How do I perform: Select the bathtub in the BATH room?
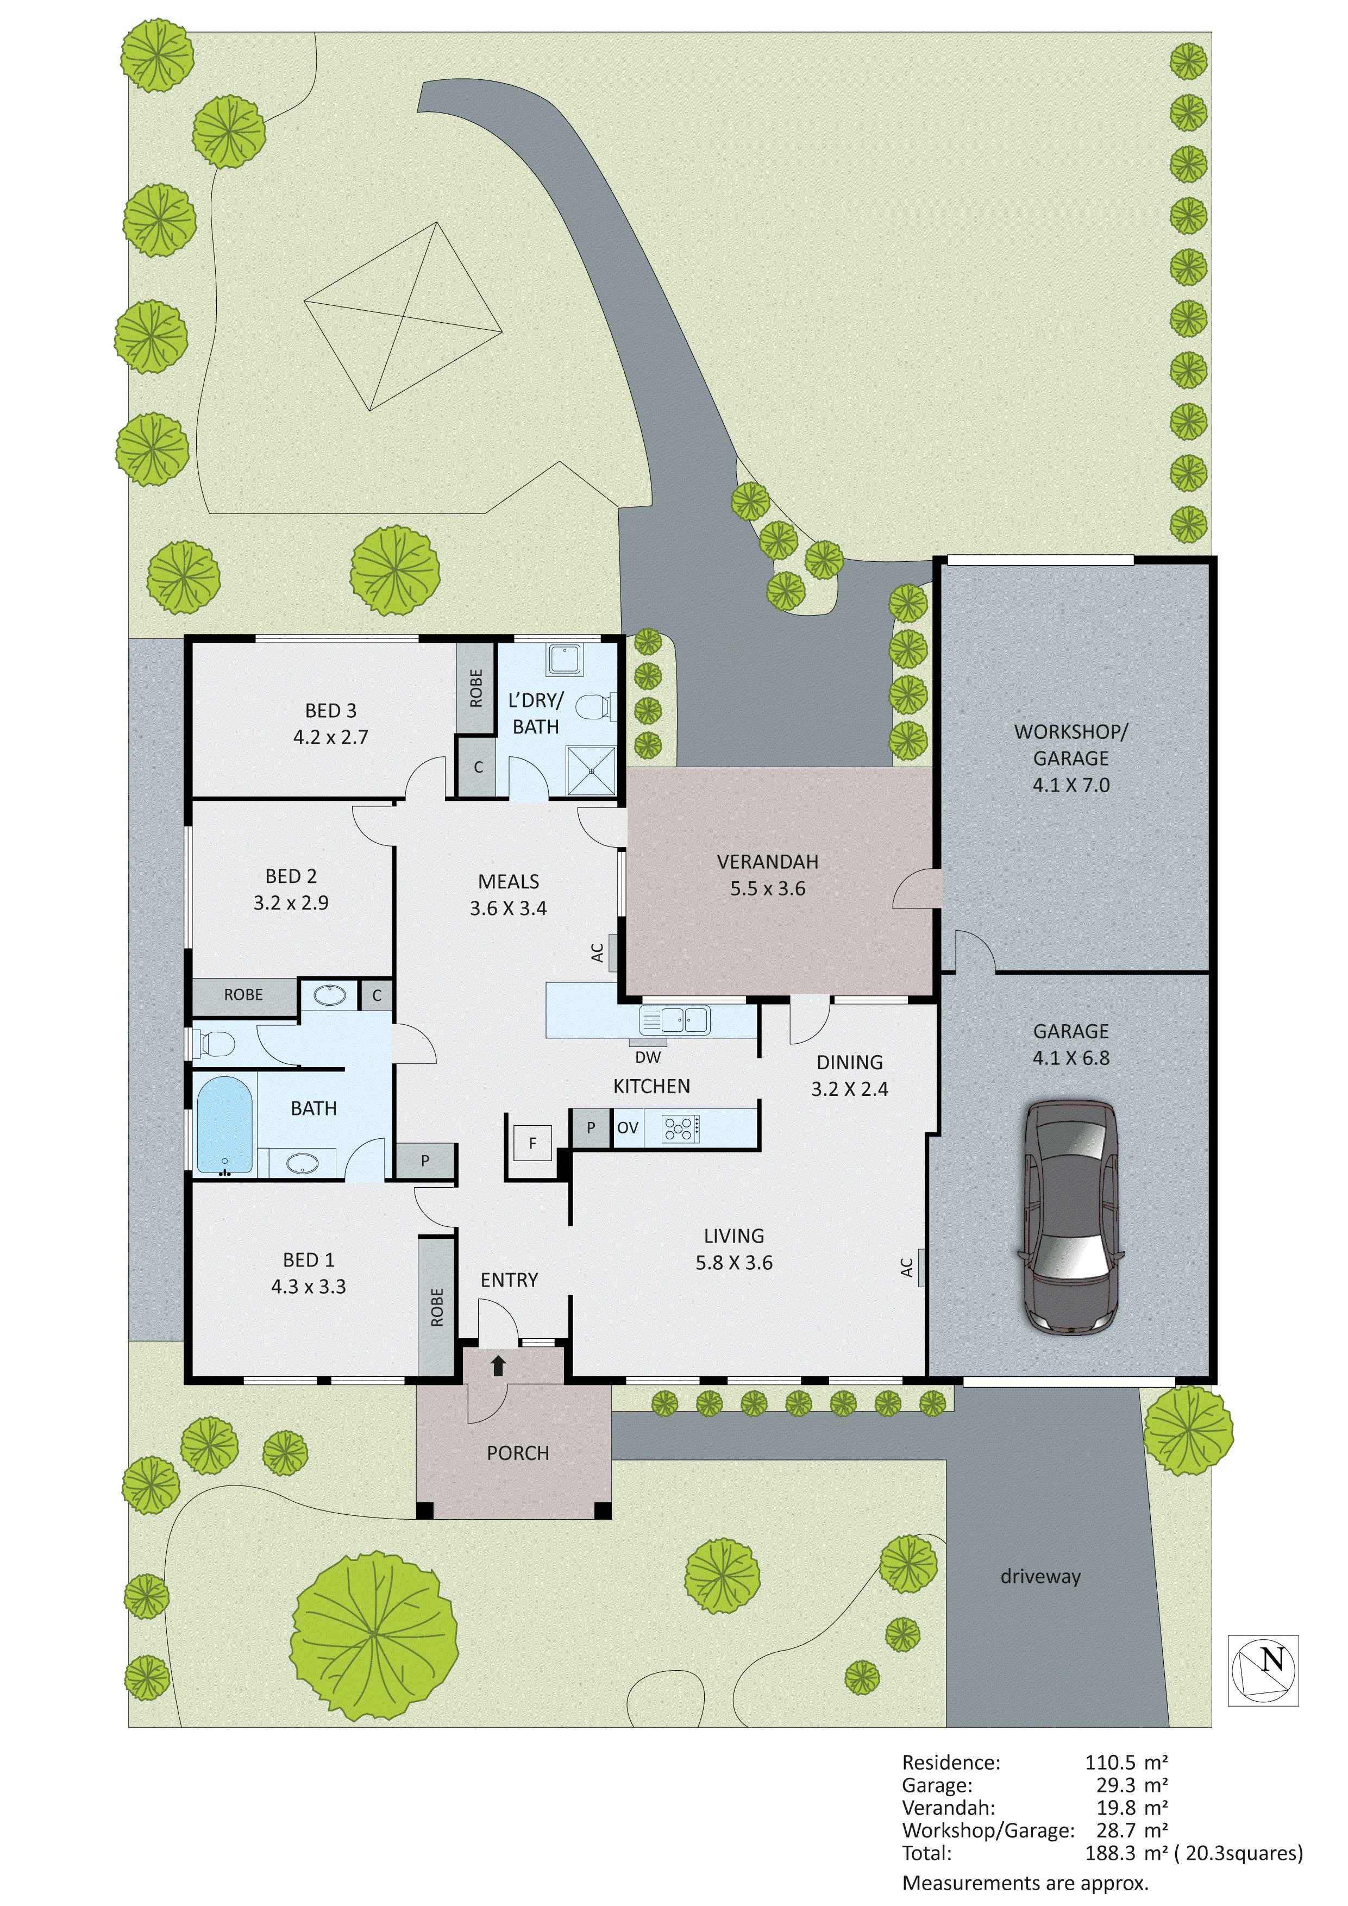(x=224, y=1125)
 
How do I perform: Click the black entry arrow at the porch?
(x=498, y=1365)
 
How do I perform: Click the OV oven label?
(x=628, y=1128)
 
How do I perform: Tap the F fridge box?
(x=532, y=1143)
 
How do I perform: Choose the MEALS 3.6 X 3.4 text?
(x=508, y=895)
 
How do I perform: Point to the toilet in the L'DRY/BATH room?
(x=594, y=707)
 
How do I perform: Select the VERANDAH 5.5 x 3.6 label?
(x=768, y=875)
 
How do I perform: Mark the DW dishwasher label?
(x=648, y=1058)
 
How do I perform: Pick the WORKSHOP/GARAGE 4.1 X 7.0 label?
(x=1071, y=758)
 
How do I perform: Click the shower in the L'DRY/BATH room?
(x=592, y=770)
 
